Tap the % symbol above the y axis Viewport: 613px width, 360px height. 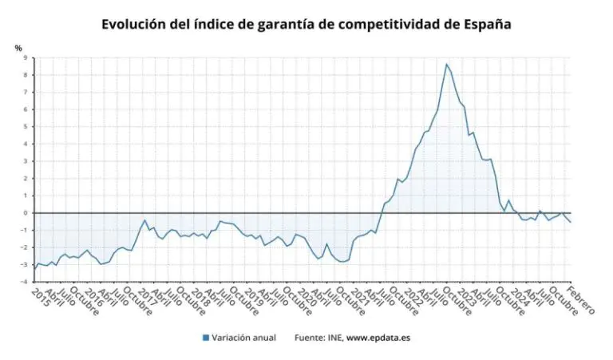[18, 48]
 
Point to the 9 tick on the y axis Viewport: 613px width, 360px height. [25, 57]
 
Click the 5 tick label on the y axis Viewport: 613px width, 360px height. [25, 126]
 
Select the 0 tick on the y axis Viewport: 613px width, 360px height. [25, 213]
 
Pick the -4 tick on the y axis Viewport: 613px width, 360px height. [23, 282]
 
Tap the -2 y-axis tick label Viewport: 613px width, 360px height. [23, 247]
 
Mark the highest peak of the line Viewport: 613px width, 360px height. [446, 64]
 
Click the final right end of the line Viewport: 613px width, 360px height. [571, 222]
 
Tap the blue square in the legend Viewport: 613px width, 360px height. [206, 338]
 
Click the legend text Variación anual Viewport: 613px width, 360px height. [244, 338]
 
